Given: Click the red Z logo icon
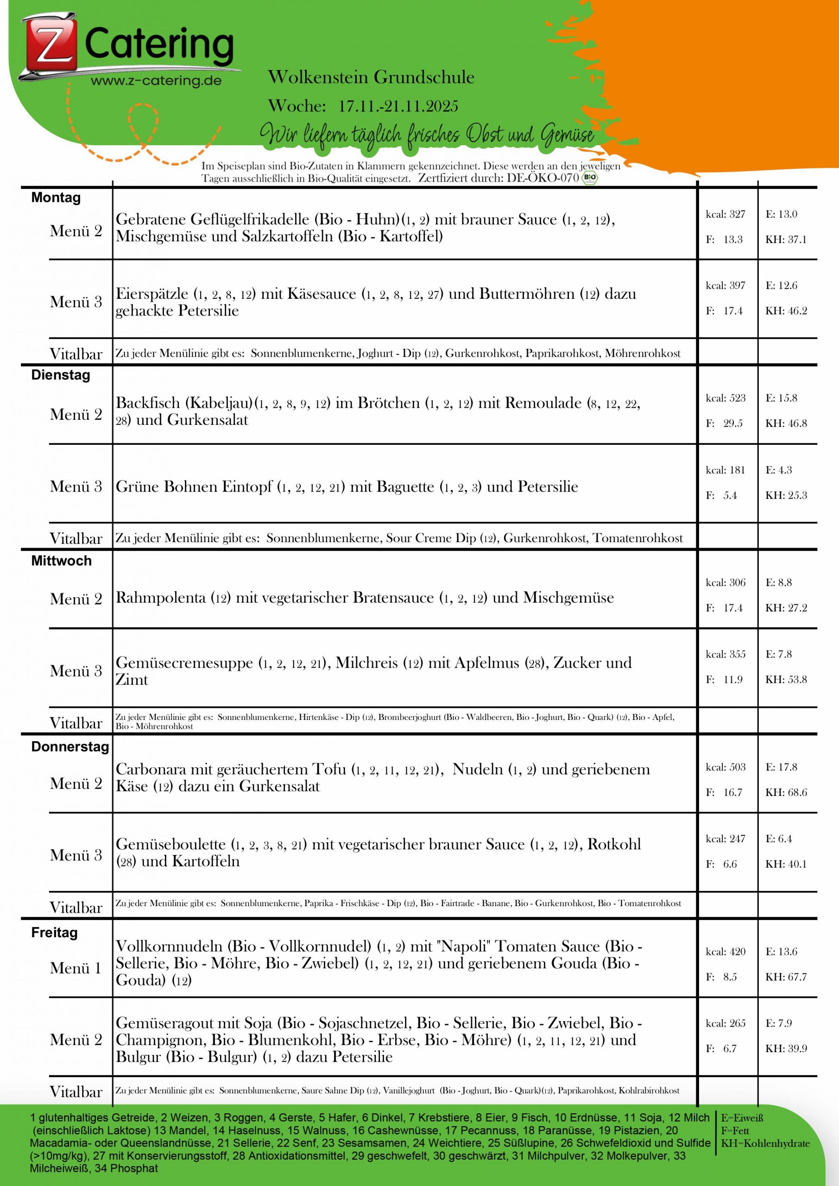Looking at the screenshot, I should (49, 46).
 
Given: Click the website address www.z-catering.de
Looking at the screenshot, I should (156, 81).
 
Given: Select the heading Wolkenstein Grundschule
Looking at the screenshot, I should (371, 77).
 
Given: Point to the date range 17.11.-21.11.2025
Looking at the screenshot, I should (398, 107).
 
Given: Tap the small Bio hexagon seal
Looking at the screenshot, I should (589, 178).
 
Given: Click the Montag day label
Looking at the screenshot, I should (56, 198).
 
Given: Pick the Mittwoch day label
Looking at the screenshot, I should (61, 561).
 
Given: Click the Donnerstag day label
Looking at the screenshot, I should (70, 747).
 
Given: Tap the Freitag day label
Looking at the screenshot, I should (54, 933).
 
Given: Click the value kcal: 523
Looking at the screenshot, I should (725, 398).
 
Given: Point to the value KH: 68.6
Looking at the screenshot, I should (786, 792).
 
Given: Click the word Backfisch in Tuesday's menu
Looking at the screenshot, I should (148, 403).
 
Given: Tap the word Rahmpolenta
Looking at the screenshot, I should (161, 598).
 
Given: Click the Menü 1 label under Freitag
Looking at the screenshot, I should (76, 969).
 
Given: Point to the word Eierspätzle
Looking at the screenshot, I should (152, 294).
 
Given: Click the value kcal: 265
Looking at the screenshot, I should (725, 1023).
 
